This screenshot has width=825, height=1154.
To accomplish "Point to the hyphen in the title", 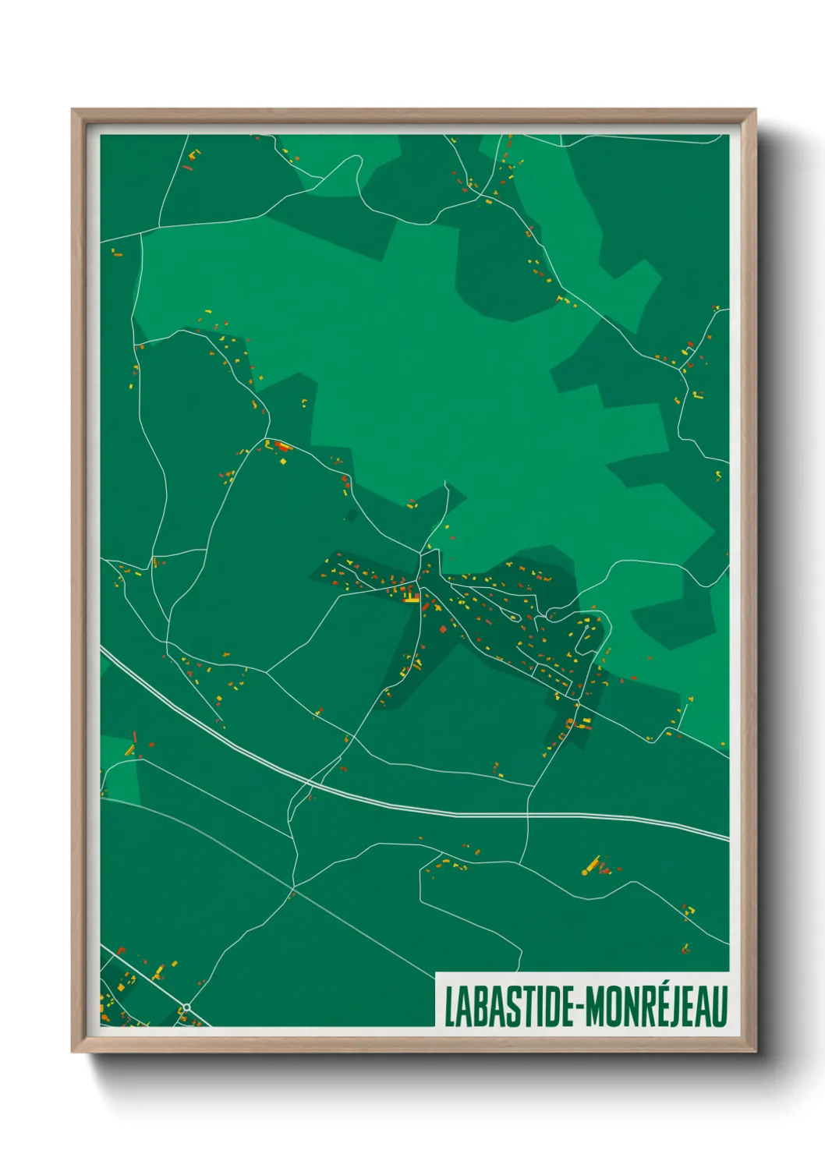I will (x=578, y=1008).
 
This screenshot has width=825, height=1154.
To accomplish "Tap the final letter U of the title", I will (x=720, y=1007).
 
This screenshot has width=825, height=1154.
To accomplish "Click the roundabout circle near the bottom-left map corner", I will (x=186, y=1007).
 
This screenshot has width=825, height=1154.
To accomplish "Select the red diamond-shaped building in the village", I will (x=443, y=628).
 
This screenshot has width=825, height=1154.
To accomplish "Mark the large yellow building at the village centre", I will (x=411, y=599).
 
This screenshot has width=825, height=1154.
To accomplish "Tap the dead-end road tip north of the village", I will (x=445, y=482).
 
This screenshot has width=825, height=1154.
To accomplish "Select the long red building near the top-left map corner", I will (x=187, y=166).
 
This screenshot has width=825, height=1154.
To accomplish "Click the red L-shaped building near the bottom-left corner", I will (x=134, y=738).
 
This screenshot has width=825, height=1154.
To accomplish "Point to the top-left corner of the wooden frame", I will (x=73, y=110).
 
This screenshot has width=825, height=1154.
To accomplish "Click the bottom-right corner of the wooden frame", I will (x=755, y=1052).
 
